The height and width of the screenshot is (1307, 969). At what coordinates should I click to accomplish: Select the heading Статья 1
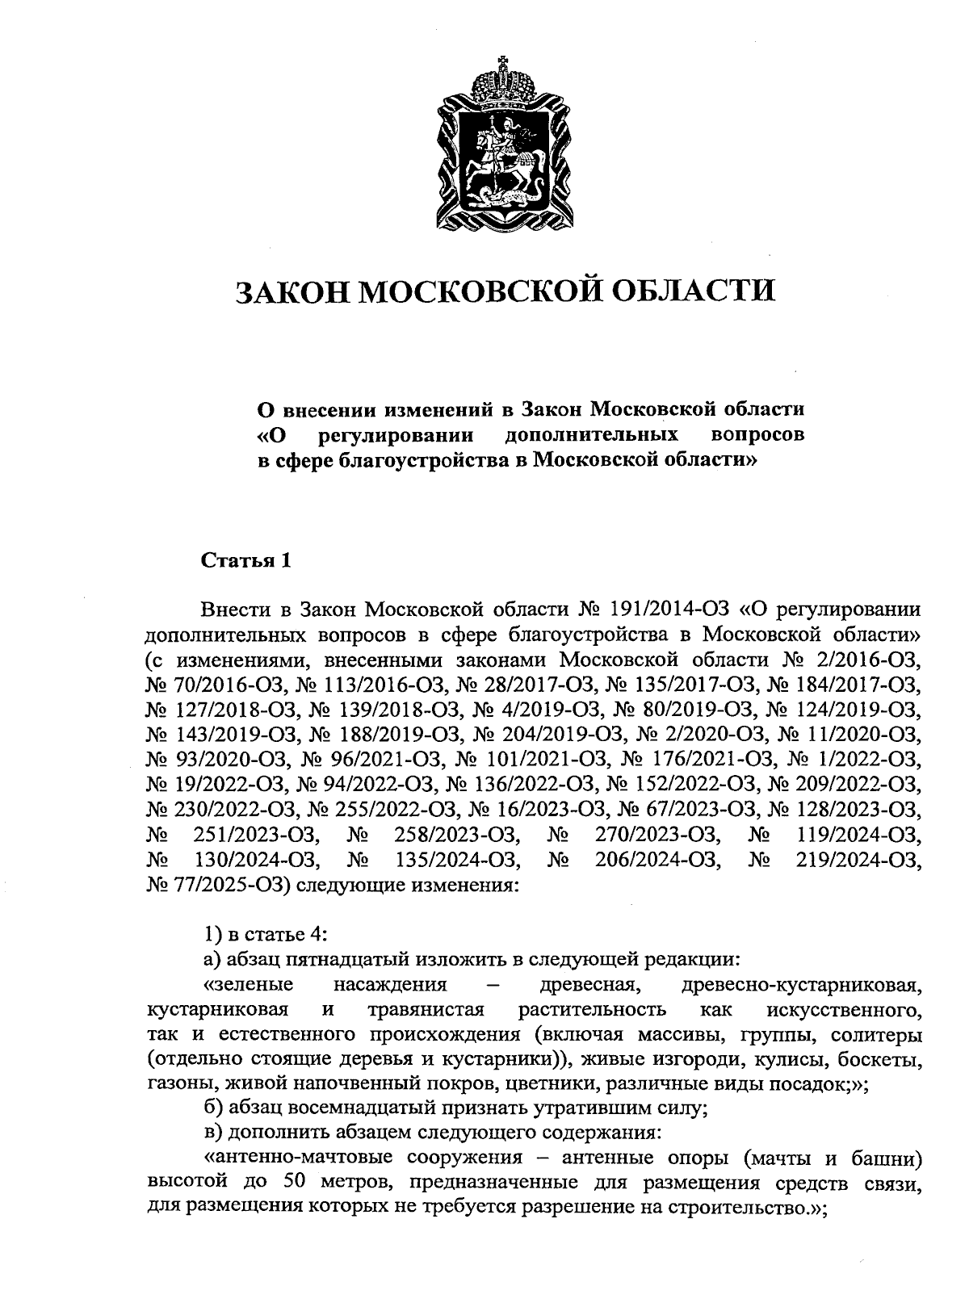click(245, 560)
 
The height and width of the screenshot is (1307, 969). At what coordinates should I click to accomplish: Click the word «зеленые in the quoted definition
click(249, 985)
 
